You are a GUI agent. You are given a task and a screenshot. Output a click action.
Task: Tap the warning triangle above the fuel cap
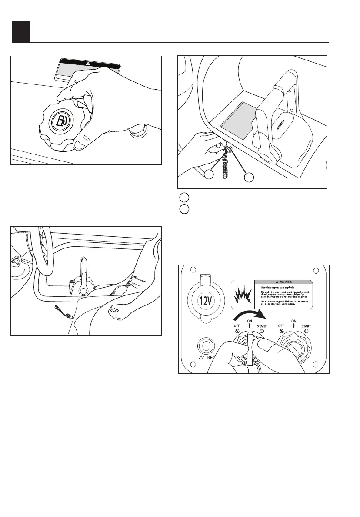coord(88,63)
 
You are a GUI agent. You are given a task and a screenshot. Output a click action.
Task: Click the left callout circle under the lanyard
coord(209,175)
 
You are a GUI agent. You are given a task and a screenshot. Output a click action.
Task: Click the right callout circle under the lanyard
coord(248,178)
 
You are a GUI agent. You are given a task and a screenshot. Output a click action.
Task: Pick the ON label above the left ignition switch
coord(249,321)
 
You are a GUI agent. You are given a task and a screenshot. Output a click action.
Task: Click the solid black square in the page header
coord(20,31)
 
